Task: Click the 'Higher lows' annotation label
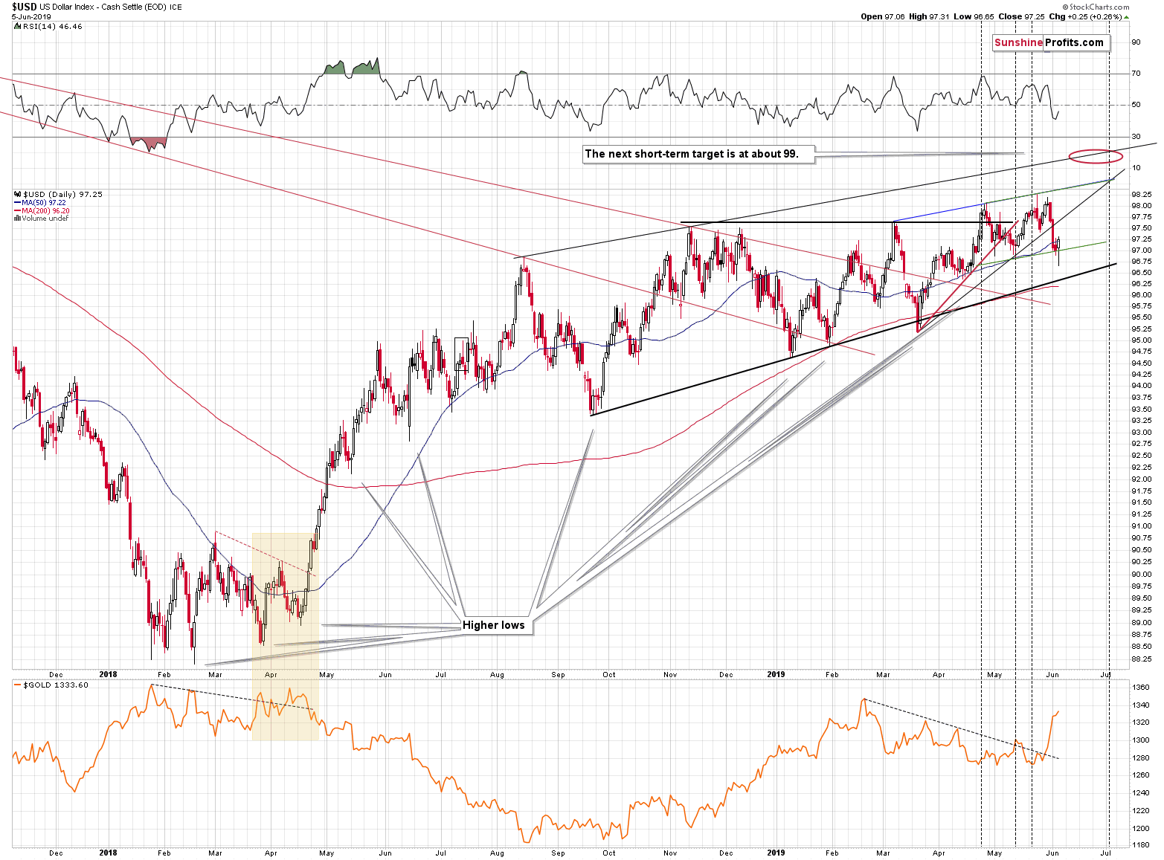(493, 625)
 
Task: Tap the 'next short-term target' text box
(691, 155)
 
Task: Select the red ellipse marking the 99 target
(1095, 156)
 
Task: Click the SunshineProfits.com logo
(1049, 42)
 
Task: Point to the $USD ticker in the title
(25, 7)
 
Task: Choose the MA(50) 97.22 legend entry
(44, 202)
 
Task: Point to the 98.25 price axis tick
(1142, 194)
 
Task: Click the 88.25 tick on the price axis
(1142, 659)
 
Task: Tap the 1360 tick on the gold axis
(1142, 688)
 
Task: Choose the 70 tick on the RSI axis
(1136, 74)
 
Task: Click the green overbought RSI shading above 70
(353, 68)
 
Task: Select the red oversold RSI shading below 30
(148, 142)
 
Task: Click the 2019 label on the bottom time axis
(776, 853)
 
